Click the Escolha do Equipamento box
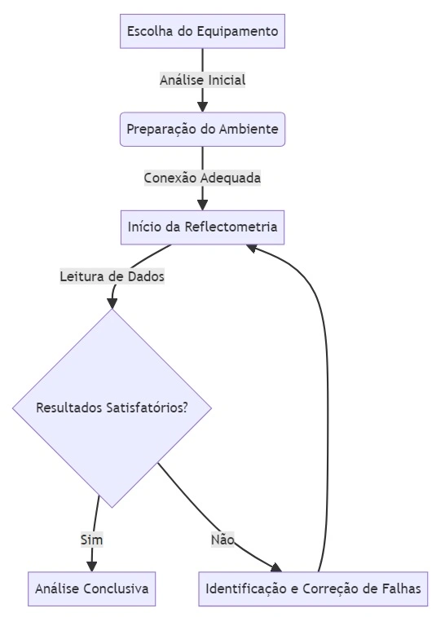[x=202, y=32]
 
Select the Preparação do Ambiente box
[x=202, y=130]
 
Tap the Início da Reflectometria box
[x=202, y=227]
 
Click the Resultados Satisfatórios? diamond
[x=112, y=408]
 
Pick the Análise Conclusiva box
[x=91, y=588]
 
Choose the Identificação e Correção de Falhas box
[x=314, y=588]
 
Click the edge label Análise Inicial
[x=202, y=80]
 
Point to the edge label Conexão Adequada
[x=202, y=177]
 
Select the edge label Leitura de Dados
[x=112, y=276]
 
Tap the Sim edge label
[x=91, y=540]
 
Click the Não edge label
[x=222, y=540]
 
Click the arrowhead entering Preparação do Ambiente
[x=202, y=107]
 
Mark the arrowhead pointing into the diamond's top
[x=112, y=303]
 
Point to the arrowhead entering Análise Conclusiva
[x=91, y=566]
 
